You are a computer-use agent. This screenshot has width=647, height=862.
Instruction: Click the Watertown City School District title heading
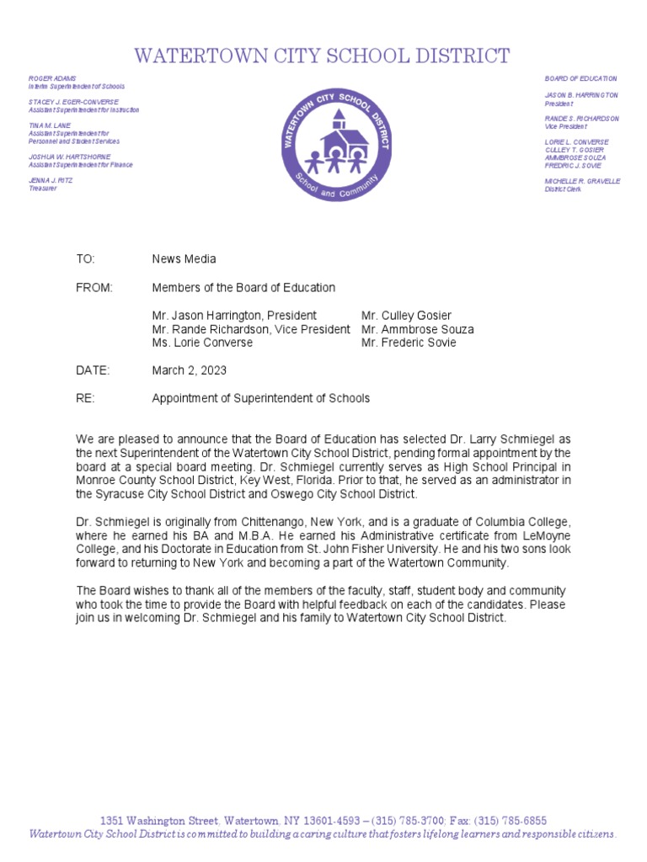[323, 56]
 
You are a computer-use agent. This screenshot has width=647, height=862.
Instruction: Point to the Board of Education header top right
[580, 78]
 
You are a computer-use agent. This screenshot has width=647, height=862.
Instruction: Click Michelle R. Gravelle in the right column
[582, 181]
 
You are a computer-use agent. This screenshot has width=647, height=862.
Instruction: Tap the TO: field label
[86, 259]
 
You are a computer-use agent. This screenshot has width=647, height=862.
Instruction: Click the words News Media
[184, 259]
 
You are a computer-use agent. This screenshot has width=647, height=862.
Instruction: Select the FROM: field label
[94, 288]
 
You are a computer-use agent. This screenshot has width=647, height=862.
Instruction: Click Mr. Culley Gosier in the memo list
[406, 316]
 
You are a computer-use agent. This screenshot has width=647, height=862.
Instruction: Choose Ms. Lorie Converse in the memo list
[202, 343]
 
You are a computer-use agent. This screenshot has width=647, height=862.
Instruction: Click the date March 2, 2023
[189, 370]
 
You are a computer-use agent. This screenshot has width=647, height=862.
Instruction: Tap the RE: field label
[85, 398]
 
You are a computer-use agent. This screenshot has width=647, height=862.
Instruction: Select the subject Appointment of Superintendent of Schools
[260, 398]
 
